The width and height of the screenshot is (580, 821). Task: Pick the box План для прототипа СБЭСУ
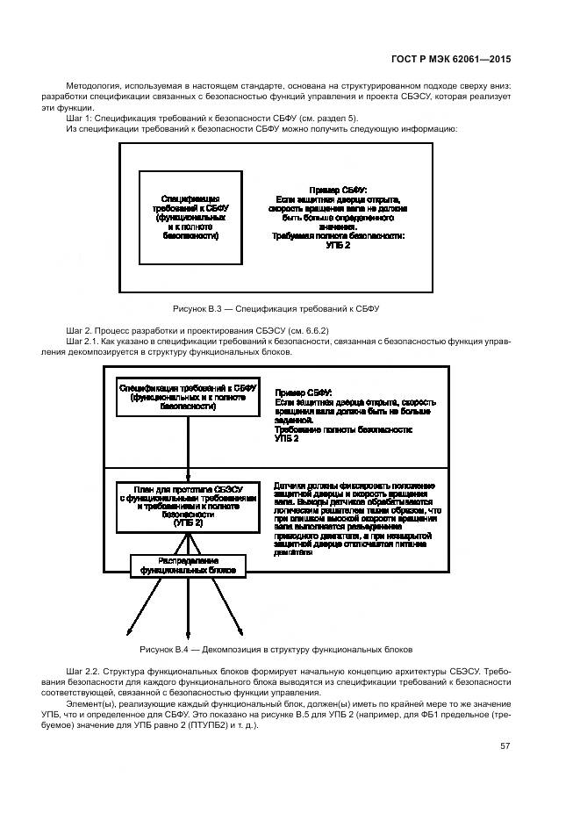(x=188, y=505)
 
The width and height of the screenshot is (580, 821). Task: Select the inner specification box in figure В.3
(x=192, y=217)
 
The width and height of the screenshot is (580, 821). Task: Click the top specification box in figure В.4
(x=188, y=396)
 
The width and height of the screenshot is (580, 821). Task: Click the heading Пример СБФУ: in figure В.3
(x=338, y=191)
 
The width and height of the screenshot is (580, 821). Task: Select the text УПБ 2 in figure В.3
(x=338, y=246)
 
